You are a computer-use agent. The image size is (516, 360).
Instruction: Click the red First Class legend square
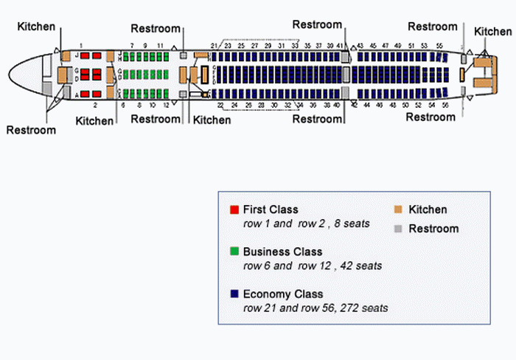234,210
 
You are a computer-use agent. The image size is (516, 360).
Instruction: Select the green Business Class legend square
234,252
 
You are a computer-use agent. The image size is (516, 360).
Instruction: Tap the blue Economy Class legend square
234,294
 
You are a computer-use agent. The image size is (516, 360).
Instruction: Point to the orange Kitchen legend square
398,210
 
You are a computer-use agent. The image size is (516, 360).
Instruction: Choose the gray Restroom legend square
398,229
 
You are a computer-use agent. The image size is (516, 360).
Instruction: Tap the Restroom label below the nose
31,131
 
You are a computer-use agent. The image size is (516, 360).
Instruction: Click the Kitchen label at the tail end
492,31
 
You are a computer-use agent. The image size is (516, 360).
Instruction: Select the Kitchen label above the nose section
37,27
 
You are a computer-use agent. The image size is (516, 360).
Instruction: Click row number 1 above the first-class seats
81,46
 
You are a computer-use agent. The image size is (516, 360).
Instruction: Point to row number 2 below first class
95,106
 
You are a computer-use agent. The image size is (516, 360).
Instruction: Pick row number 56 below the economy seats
447,106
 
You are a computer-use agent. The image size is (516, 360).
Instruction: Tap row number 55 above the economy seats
439,46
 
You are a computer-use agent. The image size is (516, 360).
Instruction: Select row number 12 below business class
166,105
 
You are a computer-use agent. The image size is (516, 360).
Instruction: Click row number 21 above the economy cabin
214,46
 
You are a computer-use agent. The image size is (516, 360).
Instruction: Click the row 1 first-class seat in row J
84,55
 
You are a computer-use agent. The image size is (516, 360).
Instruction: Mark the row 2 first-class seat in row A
95,94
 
